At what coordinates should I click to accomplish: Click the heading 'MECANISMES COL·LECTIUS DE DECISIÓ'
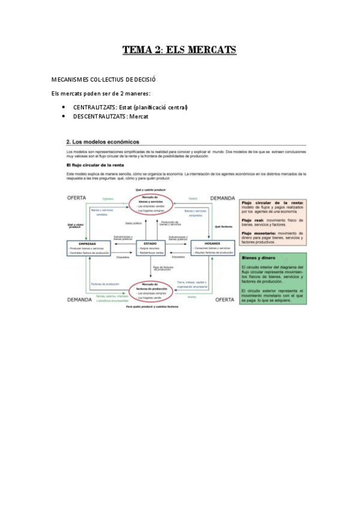click(104, 79)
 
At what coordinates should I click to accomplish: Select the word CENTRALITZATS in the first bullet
click(94, 107)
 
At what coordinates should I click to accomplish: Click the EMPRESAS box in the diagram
click(88, 248)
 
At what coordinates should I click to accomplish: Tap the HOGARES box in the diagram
click(212, 248)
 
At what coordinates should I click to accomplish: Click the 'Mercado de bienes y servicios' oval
click(151, 204)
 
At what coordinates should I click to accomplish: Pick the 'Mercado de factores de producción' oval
click(151, 292)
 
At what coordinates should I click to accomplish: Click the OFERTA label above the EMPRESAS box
click(77, 197)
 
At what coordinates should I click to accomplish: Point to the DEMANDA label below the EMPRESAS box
click(79, 299)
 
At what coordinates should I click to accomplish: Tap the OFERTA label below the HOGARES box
click(224, 299)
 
